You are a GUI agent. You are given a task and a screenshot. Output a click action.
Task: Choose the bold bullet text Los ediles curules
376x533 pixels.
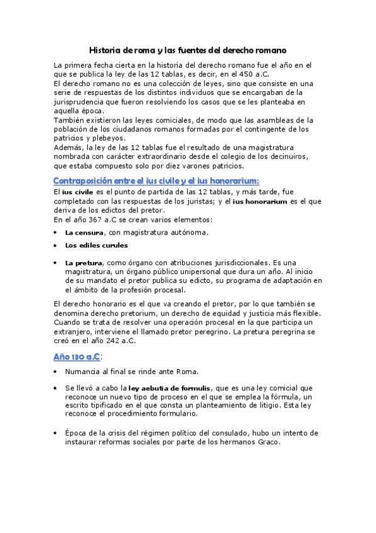tap(96, 245)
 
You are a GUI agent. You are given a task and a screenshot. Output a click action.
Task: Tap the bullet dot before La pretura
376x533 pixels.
tap(56, 262)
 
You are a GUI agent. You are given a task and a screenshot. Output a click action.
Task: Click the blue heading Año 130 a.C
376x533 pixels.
tap(77, 357)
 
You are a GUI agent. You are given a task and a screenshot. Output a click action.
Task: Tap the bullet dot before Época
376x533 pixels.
tap(56, 433)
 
